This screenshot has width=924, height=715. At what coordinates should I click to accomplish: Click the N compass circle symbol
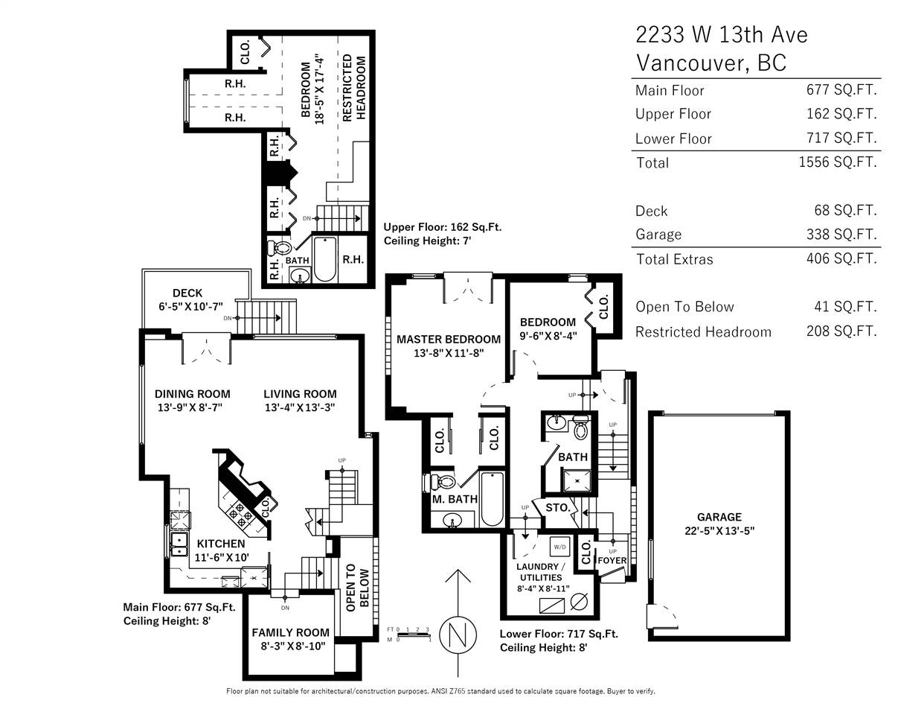pyautogui.click(x=458, y=635)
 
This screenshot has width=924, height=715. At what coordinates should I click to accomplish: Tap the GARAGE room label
pyautogui.click(x=719, y=517)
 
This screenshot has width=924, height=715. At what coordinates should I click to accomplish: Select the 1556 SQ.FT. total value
pyautogui.click(x=838, y=162)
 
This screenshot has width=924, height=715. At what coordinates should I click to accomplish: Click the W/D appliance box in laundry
pyautogui.click(x=560, y=547)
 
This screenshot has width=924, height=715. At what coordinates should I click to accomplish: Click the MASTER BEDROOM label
pyautogui.click(x=449, y=339)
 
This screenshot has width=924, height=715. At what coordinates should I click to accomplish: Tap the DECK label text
pyautogui.click(x=187, y=293)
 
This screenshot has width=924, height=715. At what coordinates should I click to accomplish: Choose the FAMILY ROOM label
pyautogui.click(x=290, y=633)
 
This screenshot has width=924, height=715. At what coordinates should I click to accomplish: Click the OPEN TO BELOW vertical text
pyautogui.click(x=358, y=587)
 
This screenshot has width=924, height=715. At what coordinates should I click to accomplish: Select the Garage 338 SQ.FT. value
pyautogui.click(x=841, y=234)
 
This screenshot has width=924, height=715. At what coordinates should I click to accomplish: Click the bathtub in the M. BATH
pyautogui.click(x=492, y=499)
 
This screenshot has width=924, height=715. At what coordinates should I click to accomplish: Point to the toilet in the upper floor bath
pyautogui.click(x=279, y=248)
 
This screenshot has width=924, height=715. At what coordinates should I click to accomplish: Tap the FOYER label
pyautogui.click(x=612, y=561)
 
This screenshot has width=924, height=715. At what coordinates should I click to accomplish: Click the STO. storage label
pyautogui.click(x=557, y=508)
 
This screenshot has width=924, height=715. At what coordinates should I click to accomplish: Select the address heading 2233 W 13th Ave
pyautogui.click(x=722, y=34)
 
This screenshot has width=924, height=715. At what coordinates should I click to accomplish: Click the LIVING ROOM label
pyautogui.click(x=300, y=394)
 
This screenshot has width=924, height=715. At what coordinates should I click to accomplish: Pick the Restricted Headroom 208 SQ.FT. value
pyautogui.click(x=841, y=331)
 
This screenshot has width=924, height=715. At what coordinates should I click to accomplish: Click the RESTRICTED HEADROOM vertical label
pyautogui.click(x=354, y=88)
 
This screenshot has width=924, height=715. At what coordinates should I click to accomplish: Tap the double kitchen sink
pyautogui.click(x=179, y=544)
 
